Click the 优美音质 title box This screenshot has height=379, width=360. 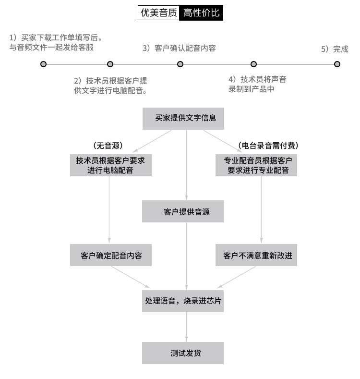pyautogui.click(x=158, y=13)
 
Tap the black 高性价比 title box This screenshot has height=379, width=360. pyautogui.click(x=202, y=13)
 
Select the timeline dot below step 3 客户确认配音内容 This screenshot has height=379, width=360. pyautogui.click(x=180, y=64)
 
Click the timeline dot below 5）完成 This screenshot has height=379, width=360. pyautogui.click(x=337, y=64)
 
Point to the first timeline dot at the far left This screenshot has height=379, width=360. pyautogui.click(x=44, y=64)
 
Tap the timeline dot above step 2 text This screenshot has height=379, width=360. pyautogui.click(x=110, y=64)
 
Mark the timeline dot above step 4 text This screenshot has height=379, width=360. pyautogui.click(x=254, y=64)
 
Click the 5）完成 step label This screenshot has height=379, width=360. pyautogui.click(x=335, y=49)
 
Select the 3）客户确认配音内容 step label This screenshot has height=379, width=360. pyautogui.click(x=179, y=48)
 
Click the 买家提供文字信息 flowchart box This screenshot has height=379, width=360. pyautogui.click(x=183, y=118)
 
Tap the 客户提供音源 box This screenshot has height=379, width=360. pyautogui.click(x=183, y=211)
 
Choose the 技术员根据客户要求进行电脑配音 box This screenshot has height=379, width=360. pyautogui.click(x=110, y=165)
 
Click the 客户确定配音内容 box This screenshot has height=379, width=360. pyautogui.click(x=111, y=255)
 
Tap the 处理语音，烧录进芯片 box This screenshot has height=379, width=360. pyautogui.click(x=183, y=301)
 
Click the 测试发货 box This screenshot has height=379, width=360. pyautogui.click(x=183, y=353)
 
